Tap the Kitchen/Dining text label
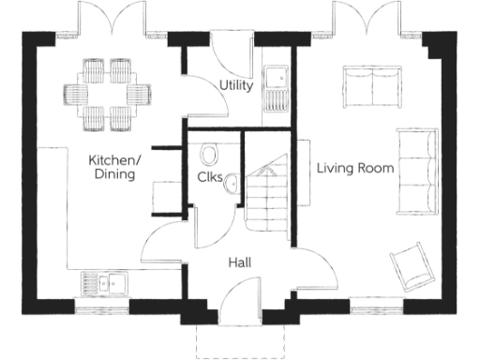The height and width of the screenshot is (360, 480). [113, 167]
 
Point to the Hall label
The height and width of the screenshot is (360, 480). [238, 263]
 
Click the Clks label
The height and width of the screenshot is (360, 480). [209, 179]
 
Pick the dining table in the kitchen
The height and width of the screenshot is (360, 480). [107, 93]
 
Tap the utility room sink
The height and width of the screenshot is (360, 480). [277, 84]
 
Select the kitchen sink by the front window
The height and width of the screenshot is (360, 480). [104, 282]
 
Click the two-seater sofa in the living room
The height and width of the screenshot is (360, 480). [369, 85]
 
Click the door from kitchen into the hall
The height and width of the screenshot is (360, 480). [164, 239]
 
